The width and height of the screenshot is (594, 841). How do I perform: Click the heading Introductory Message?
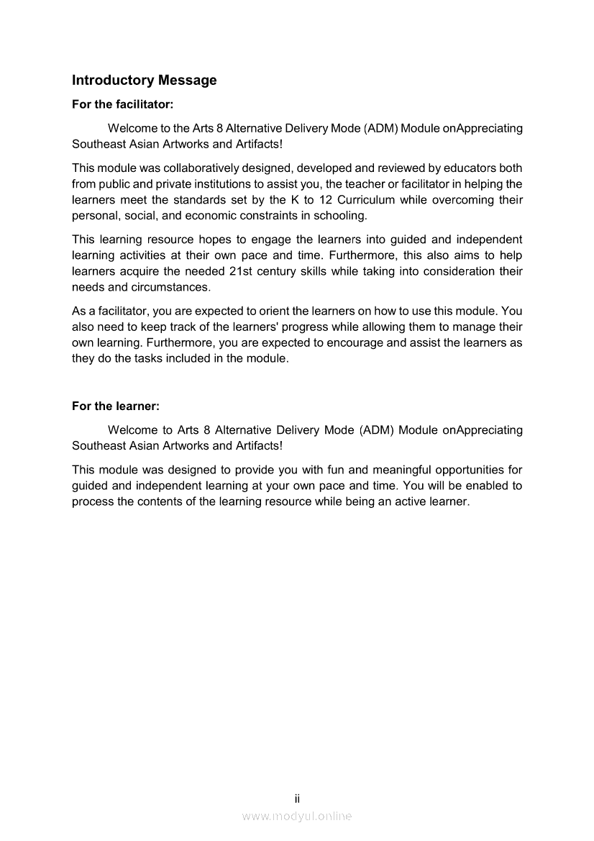click(144, 80)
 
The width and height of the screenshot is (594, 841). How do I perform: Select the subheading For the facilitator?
click(122, 104)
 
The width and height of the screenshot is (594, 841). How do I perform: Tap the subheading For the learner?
click(115, 406)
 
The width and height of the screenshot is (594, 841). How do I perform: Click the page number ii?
click(296, 799)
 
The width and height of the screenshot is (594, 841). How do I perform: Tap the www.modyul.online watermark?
click(296, 816)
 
